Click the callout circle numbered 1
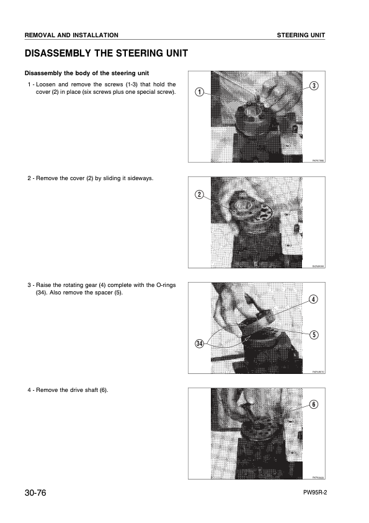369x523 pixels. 199,93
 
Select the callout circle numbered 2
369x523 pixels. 199,194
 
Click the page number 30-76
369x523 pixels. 36,493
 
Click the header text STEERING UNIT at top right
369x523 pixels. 301,35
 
